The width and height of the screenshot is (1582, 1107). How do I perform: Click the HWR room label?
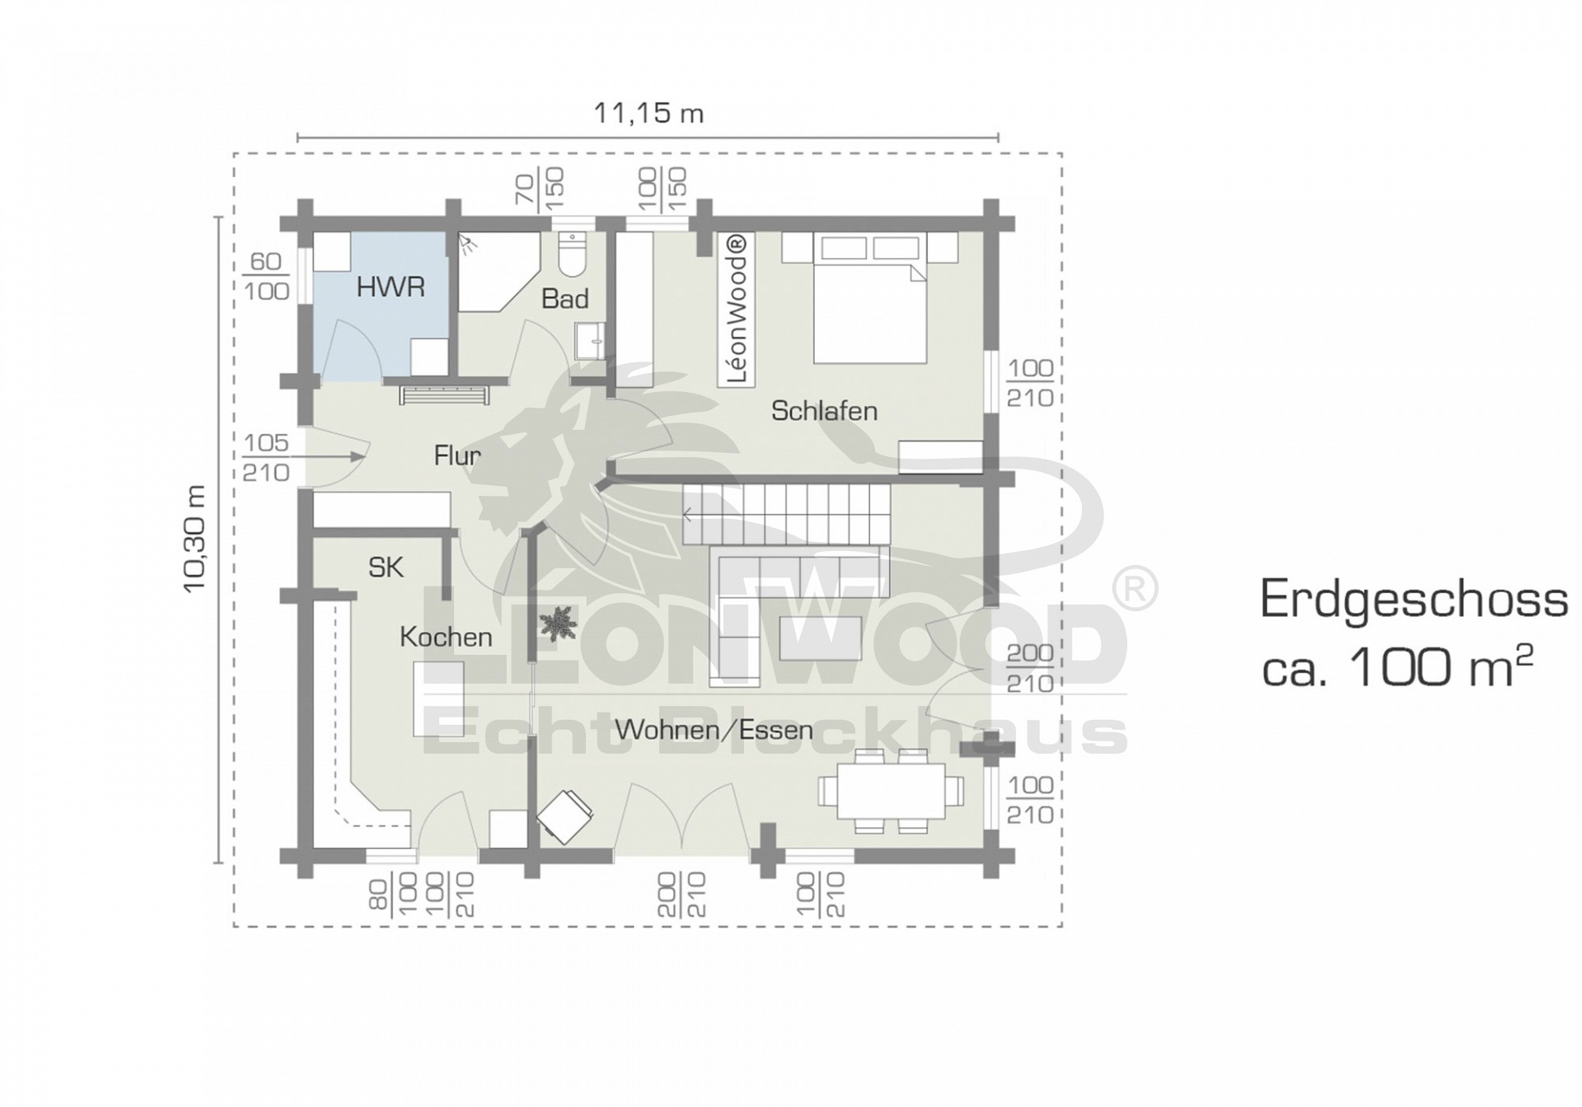pos(391,287)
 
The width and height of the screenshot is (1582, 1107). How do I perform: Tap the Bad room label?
pos(565,299)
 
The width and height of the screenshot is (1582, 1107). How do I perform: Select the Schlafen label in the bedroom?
pos(824,411)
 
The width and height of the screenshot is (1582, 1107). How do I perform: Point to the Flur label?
pos(457,455)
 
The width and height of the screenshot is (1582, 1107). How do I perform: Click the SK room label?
pos(386,568)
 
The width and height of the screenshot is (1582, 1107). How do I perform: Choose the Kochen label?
pos(446,637)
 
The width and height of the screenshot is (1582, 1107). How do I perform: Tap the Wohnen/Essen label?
pos(714,730)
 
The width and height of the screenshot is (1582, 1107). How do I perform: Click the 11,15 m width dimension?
pos(649,113)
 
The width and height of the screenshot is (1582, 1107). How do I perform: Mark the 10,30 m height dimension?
pos(195,538)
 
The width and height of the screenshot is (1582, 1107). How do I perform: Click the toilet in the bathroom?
pos(570,255)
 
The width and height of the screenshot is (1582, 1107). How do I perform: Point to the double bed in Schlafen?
pos(869,298)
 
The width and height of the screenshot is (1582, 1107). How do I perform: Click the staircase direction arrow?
pos(689,516)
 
